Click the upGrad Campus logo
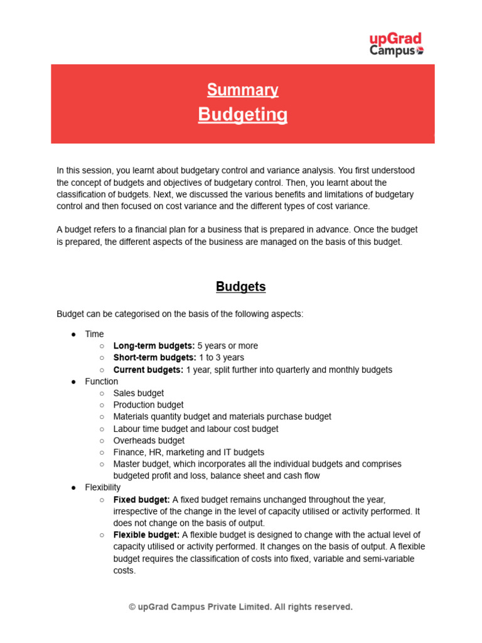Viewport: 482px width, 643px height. (396, 44)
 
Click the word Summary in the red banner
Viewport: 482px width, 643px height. (242, 90)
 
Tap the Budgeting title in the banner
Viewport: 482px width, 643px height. (243, 115)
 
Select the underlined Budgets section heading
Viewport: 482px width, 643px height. (241, 287)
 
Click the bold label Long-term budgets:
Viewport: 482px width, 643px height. (154, 346)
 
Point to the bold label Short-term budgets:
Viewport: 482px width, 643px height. (155, 358)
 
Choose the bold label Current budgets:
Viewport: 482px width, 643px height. (148, 370)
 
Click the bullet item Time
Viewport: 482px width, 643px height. (95, 334)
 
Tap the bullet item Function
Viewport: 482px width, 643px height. (102, 381)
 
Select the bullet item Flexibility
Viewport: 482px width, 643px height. (103, 487)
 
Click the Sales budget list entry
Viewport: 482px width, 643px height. (139, 393)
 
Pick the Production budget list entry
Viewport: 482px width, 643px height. (148, 405)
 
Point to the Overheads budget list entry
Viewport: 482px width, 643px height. (149, 441)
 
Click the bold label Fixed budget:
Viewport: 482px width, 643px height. (141, 500)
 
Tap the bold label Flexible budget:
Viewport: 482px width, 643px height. (146, 535)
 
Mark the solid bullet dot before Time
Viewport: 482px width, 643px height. (73, 335)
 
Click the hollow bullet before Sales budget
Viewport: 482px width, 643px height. (102, 394)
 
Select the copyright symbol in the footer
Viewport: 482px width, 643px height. (132, 607)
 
